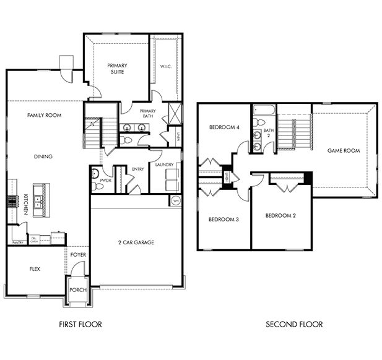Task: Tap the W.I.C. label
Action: point(165,67)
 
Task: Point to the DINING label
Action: point(43,156)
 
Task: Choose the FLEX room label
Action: point(35,269)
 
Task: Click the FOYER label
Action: point(78,254)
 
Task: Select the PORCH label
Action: point(78,289)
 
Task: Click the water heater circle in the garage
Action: point(175,200)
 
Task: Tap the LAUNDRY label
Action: point(165,165)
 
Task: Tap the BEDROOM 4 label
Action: point(224,127)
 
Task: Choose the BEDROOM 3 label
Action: point(224,220)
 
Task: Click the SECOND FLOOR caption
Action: point(294,324)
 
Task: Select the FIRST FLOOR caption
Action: point(80,324)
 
